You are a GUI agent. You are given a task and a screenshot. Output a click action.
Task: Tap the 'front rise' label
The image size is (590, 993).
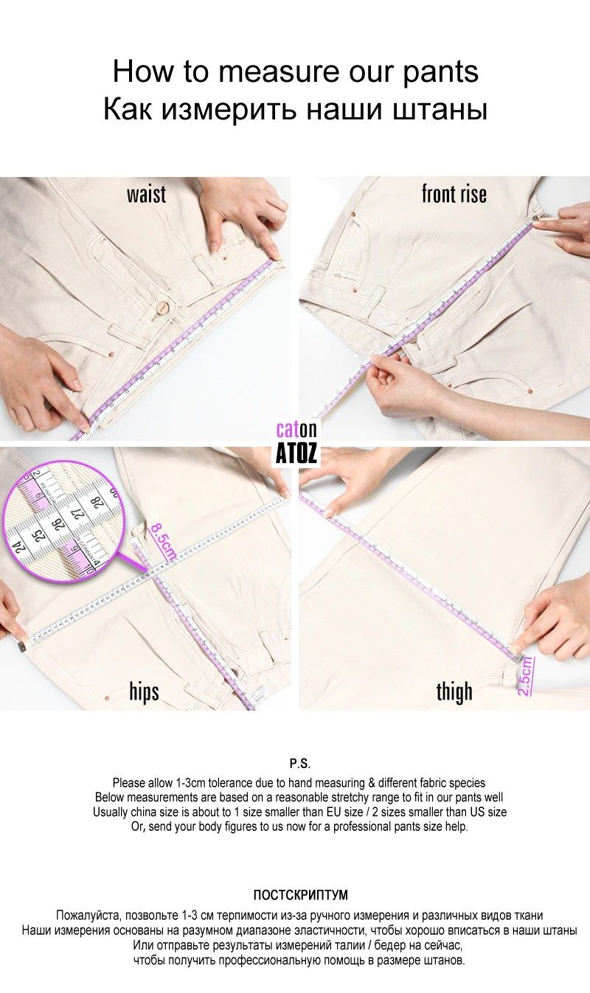454,194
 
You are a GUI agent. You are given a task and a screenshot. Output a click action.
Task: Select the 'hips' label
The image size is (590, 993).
144,691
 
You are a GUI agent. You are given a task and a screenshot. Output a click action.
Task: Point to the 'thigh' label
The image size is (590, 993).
454,691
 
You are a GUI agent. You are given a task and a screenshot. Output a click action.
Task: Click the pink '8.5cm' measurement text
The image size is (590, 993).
163,541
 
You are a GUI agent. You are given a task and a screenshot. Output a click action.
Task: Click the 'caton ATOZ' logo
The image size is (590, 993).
296,442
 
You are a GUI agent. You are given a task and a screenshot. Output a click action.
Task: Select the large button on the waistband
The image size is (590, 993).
163,307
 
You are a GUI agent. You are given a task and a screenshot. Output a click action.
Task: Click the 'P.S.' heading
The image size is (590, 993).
300,764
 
